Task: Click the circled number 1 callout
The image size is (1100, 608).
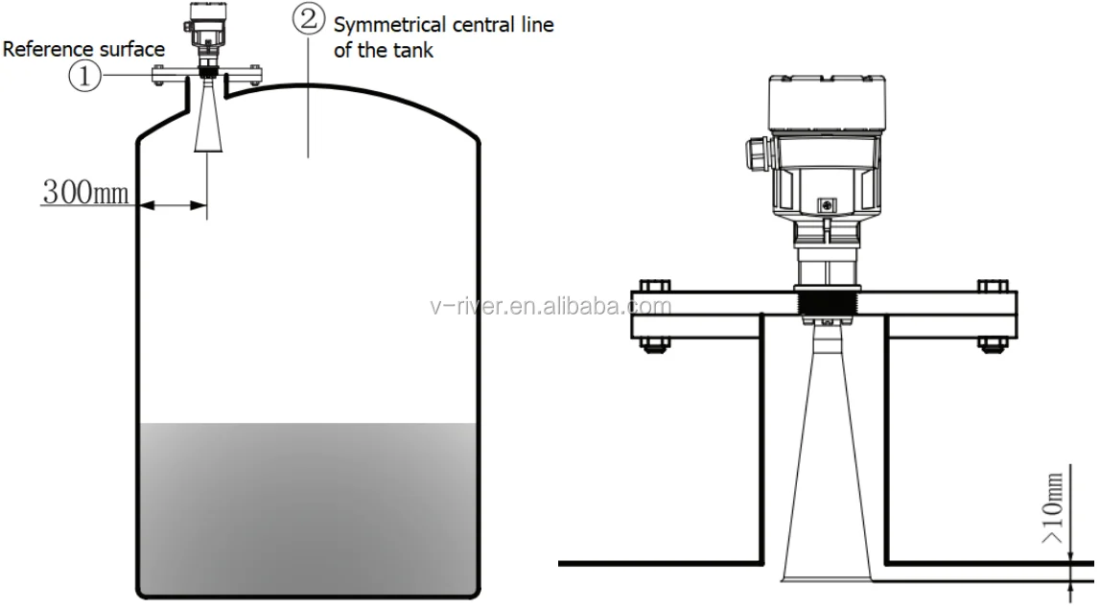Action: [x=84, y=75]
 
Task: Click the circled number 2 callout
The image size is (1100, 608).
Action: [x=309, y=18]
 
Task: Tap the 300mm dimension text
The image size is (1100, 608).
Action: [x=85, y=192]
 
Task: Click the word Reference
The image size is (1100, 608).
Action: [x=46, y=49]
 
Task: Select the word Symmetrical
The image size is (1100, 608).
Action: [x=390, y=26]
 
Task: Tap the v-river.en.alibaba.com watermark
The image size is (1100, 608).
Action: [x=550, y=307]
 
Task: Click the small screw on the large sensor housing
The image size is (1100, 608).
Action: [x=828, y=205]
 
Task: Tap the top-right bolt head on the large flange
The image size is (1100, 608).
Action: [x=993, y=286]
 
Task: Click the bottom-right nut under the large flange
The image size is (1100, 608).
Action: [x=993, y=345]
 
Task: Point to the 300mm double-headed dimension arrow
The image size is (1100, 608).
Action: [x=174, y=205]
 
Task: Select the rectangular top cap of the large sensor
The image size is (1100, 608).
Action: [x=827, y=103]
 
